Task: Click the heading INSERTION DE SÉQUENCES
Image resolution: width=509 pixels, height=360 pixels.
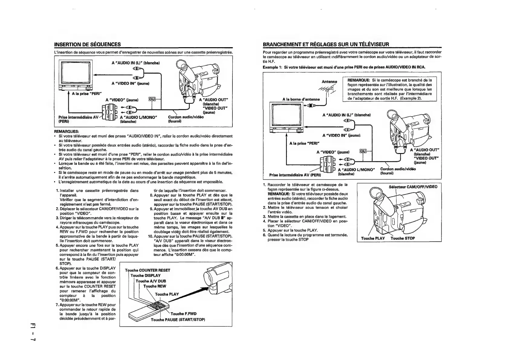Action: coord(87,44)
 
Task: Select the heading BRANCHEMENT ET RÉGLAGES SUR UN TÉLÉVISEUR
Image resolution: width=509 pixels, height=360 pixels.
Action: coord(326,44)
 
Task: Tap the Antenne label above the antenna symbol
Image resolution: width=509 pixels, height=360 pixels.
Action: coord(329,81)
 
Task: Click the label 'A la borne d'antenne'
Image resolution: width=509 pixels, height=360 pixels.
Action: coord(301,99)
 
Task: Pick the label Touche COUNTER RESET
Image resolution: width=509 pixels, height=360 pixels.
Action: coord(148,270)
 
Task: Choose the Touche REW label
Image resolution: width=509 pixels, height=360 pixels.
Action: coord(154,286)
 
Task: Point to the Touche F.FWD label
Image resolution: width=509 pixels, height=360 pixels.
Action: coord(183,314)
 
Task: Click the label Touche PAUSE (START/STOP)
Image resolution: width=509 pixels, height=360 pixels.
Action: coord(178,319)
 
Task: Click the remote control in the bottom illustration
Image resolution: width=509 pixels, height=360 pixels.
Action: coord(148,310)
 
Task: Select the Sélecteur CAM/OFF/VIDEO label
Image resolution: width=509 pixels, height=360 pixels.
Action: coord(413,187)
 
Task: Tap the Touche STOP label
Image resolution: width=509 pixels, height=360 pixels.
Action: coord(403,238)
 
